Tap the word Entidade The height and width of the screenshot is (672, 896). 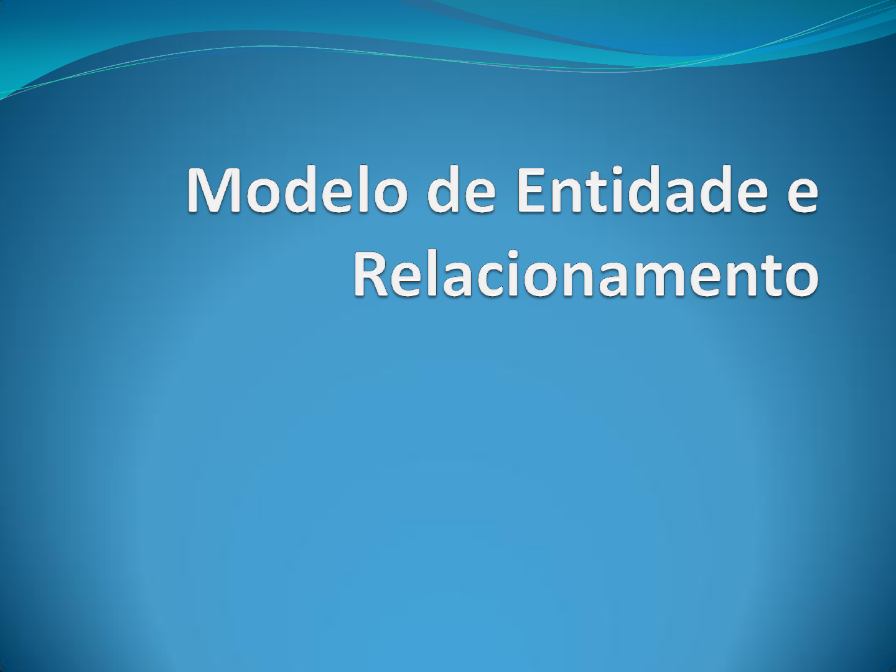click(x=642, y=190)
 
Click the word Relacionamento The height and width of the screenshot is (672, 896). click(x=586, y=273)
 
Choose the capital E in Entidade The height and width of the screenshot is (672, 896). click(x=530, y=190)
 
